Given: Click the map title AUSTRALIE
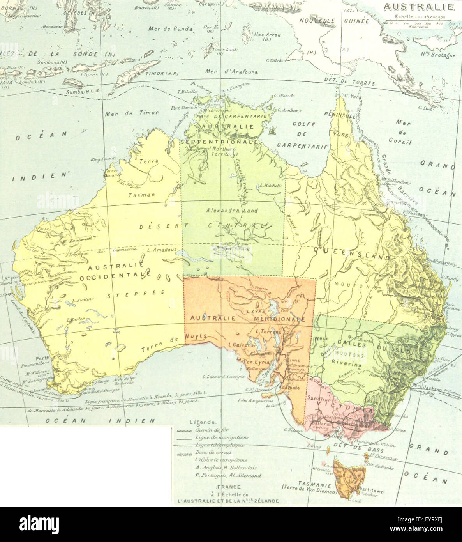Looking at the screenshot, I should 418,7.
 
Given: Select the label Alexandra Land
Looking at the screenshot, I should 232,211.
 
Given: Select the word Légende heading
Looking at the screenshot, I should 202,422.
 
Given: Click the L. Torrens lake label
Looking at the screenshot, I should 268,331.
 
